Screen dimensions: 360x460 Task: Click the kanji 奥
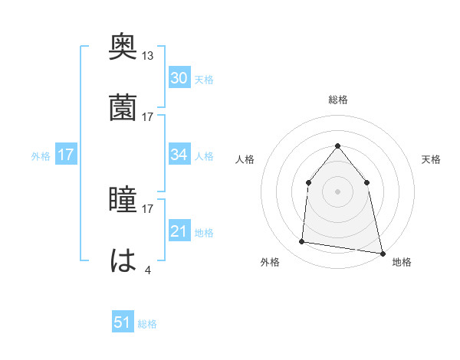(x=123, y=47)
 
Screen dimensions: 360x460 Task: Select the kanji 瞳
(x=123, y=200)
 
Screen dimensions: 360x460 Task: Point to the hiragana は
(x=123, y=260)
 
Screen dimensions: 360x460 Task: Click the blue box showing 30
(x=179, y=78)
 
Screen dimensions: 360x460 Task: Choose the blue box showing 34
(x=179, y=155)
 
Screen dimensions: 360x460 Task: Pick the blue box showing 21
(x=179, y=231)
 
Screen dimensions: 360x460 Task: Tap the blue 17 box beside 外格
(x=65, y=155)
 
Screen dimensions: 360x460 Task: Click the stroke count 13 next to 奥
(x=148, y=56)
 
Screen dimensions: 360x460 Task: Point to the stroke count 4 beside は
(x=148, y=270)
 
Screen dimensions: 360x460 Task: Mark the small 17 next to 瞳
(x=148, y=208)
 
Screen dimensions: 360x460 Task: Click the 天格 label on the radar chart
(x=432, y=159)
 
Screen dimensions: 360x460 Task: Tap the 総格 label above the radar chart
(x=337, y=100)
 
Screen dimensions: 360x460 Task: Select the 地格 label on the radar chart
(x=402, y=262)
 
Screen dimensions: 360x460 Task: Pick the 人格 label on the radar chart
(x=245, y=159)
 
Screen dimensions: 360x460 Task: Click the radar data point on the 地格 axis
(x=382, y=253)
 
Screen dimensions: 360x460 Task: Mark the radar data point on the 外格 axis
(x=302, y=242)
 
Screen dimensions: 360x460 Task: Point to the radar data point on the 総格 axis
(x=337, y=146)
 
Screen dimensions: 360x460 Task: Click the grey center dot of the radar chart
(x=337, y=191)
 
